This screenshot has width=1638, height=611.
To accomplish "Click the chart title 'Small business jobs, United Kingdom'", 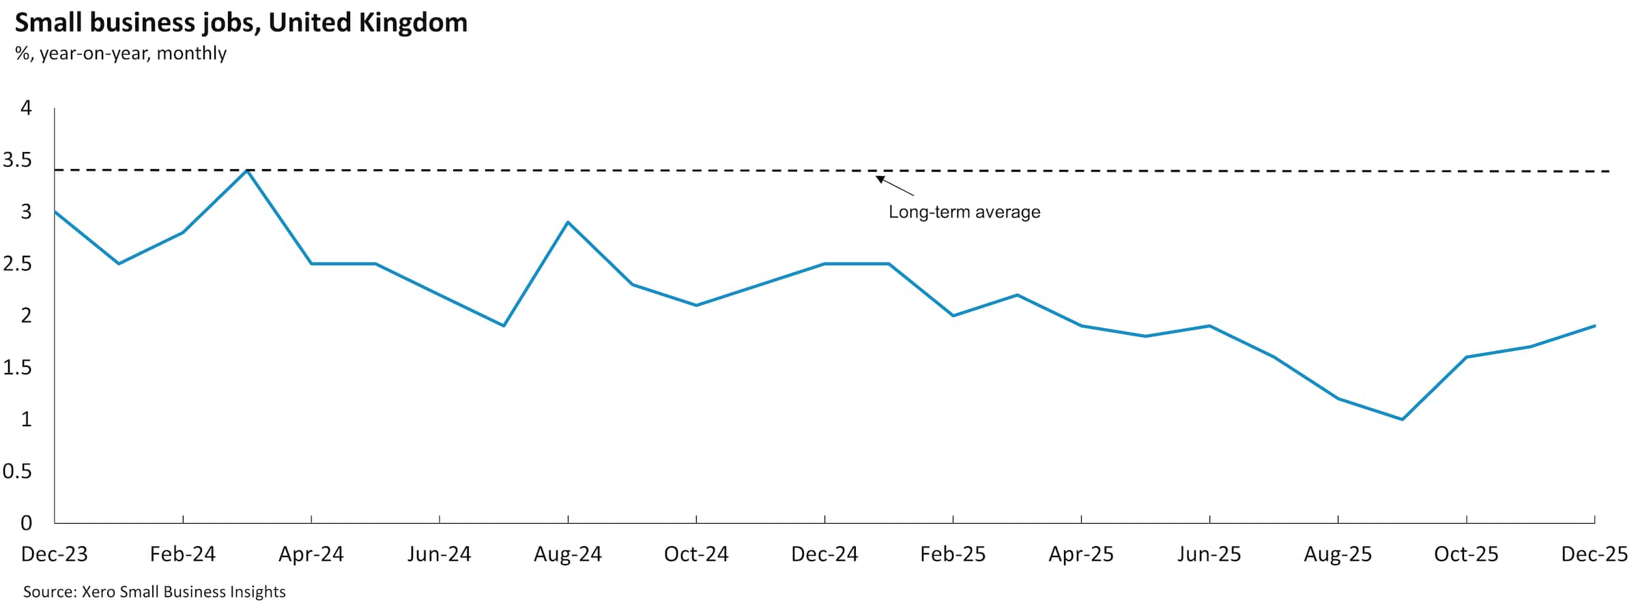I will click(x=241, y=23).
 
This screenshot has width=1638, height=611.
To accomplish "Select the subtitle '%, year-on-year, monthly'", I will click(x=121, y=53).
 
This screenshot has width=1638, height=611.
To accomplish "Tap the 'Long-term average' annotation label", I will click(x=964, y=212).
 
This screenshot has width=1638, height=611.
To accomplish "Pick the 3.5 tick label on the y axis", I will click(x=18, y=160).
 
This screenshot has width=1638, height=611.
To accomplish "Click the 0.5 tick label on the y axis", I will click(x=18, y=471).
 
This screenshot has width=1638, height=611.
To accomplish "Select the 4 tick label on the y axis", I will click(x=27, y=108).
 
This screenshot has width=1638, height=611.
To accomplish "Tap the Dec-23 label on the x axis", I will click(x=55, y=554).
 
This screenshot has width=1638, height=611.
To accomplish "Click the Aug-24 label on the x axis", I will click(x=568, y=554).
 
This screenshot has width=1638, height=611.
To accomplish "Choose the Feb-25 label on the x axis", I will click(x=953, y=554).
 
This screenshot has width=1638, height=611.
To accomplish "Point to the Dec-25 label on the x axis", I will click(x=1594, y=554).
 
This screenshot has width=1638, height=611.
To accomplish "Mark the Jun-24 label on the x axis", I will click(x=440, y=554).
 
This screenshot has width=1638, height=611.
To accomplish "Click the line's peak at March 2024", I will click(x=247, y=170).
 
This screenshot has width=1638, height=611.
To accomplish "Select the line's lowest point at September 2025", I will click(x=1402, y=419).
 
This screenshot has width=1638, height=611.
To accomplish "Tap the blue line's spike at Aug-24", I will click(x=568, y=222).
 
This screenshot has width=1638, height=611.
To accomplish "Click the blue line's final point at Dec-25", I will click(x=1594, y=326).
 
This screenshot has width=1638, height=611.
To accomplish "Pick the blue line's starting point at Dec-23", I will click(x=55, y=212).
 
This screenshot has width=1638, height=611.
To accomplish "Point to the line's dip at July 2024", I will click(x=504, y=326).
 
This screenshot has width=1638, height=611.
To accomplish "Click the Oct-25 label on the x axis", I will click(x=1466, y=554).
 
